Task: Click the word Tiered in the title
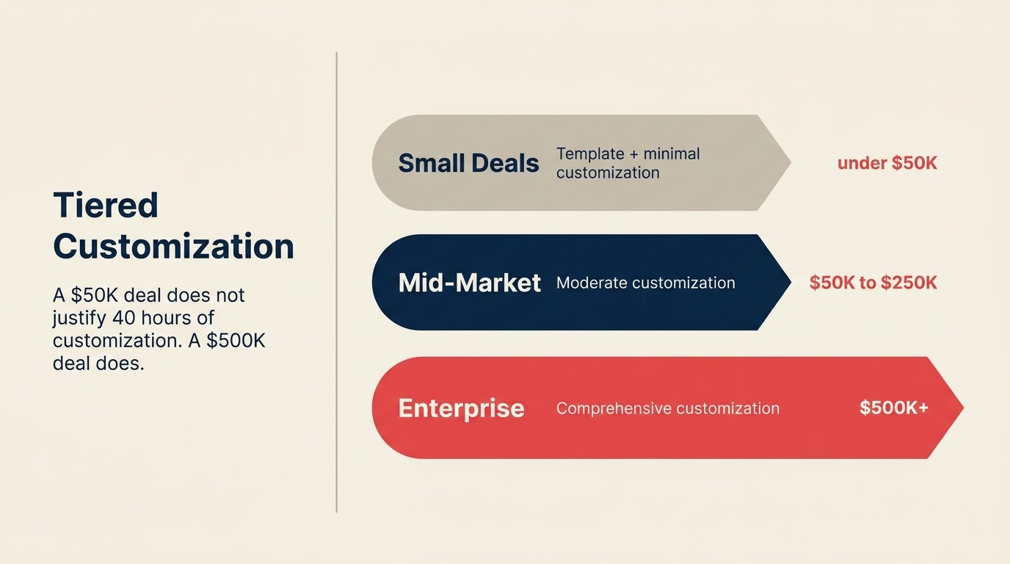coord(106,205)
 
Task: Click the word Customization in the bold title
coord(173,246)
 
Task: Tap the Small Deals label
coord(468,163)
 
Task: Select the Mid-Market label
coord(469,283)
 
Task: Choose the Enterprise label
coord(461,408)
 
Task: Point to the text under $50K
coord(887,163)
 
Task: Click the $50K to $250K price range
coord(873,283)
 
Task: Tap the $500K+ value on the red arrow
coord(893,408)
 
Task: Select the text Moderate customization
coord(645,283)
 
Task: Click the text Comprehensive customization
coord(667,408)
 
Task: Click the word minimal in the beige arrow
coord(671,153)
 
